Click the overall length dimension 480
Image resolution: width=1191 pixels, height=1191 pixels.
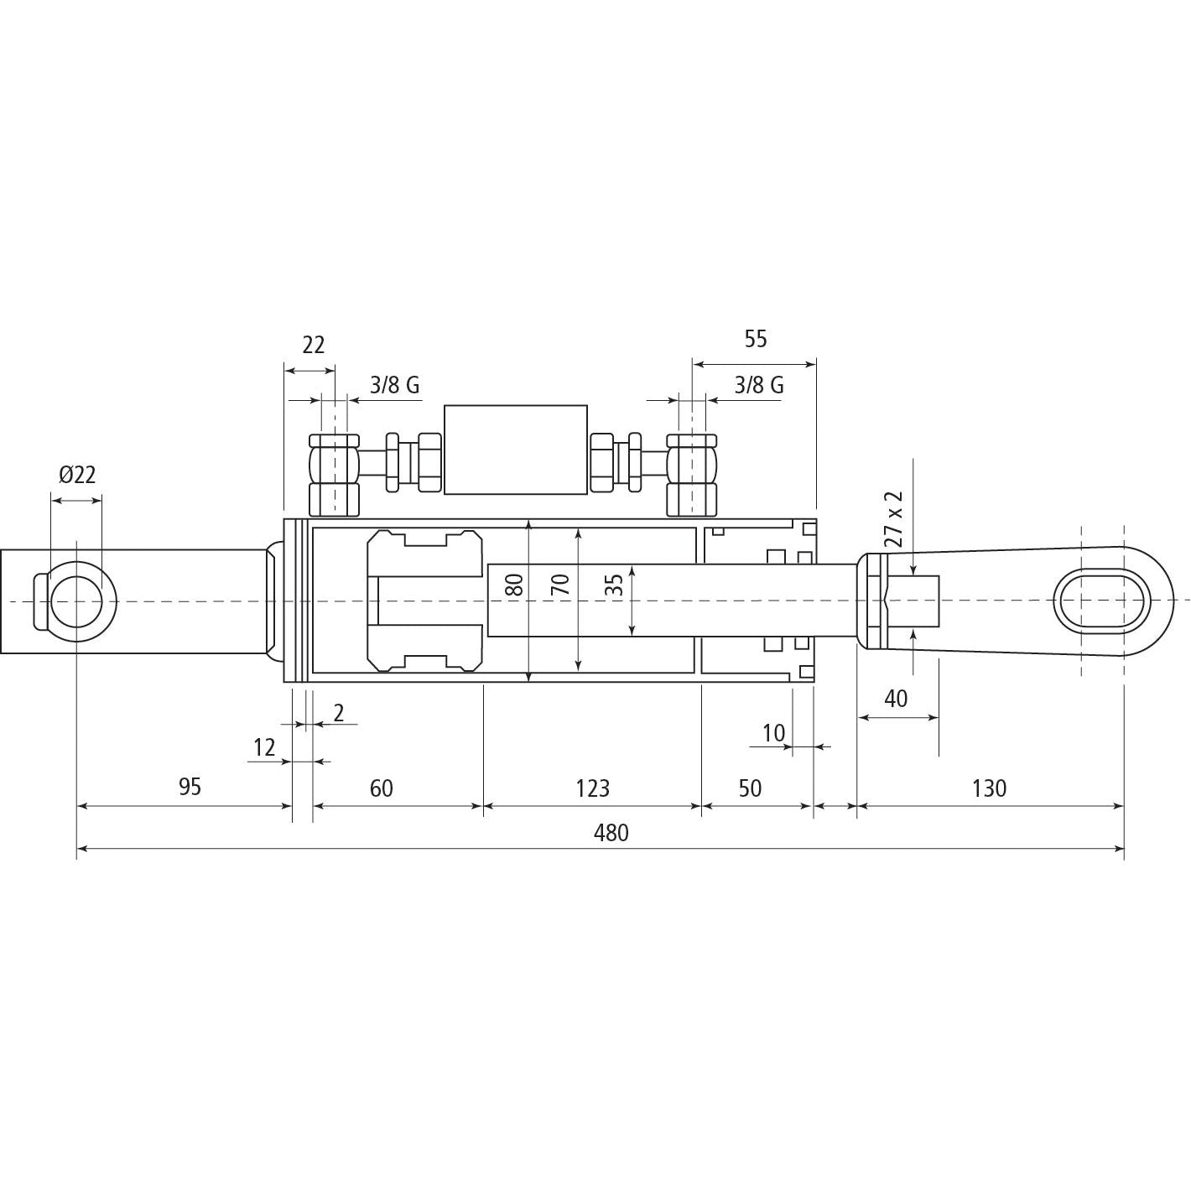pos(611,833)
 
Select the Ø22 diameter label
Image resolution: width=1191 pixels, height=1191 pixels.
pos(77,475)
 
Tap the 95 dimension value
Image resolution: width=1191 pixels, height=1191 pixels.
pos(190,788)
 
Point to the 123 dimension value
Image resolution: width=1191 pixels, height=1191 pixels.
pos(592,788)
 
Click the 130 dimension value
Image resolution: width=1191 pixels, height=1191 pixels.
pos(989,788)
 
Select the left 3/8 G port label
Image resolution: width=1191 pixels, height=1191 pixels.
pos(394,385)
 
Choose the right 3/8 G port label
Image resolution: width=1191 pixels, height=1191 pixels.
pos(759,385)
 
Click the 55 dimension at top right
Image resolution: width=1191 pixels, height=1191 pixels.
pos(755,339)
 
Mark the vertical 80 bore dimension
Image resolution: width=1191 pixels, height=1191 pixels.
pos(517,584)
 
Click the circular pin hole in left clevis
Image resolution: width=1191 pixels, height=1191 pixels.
pos(76,601)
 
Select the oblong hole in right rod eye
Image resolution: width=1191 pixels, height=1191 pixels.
pos(1101,601)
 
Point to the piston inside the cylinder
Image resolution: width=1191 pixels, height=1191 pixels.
pos(425,601)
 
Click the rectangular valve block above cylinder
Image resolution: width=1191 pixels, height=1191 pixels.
pos(515,450)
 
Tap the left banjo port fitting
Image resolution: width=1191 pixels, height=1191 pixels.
pos(334,475)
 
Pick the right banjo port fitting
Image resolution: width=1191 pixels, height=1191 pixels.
pos(692,475)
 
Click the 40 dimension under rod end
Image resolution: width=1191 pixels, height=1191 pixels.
pos(896,698)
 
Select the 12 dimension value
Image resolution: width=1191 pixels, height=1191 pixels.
pos(264,747)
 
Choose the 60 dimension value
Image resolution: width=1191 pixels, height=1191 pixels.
pos(381,788)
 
